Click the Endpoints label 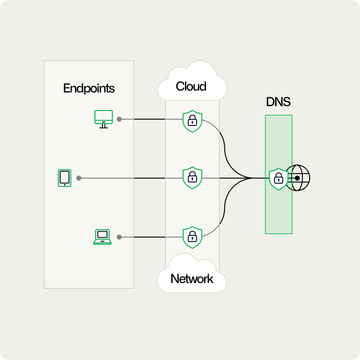click(x=89, y=88)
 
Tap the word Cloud click(x=191, y=86)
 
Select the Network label click(x=192, y=279)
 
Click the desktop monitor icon click(x=102, y=119)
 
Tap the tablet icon click(x=64, y=178)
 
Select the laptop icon click(x=102, y=236)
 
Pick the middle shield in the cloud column click(x=192, y=178)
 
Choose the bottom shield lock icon click(x=192, y=237)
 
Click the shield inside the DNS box click(x=278, y=179)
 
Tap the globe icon click(x=298, y=178)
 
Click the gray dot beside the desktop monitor click(x=119, y=119)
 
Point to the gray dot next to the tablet click(x=79, y=178)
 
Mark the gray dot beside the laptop click(x=119, y=237)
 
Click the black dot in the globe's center click(x=298, y=178)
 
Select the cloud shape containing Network click(x=191, y=274)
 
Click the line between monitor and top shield click(x=152, y=119)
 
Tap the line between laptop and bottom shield click(x=152, y=237)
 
